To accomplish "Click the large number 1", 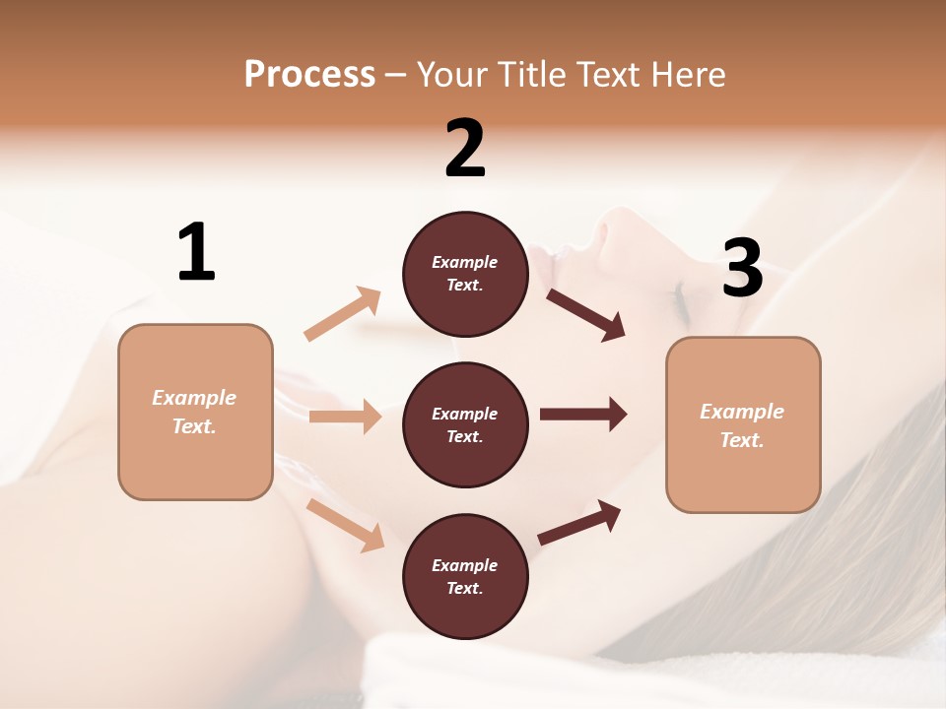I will point(196,253).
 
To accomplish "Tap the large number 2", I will point(465,149).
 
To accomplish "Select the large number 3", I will point(742,268).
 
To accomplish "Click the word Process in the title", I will point(309,74).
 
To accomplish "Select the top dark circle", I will point(465,274).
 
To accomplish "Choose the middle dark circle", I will point(465,424).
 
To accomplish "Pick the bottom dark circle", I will point(465,576).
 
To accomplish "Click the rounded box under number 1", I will point(195,412).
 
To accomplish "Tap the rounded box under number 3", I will point(743,425).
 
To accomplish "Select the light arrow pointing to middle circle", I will point(345,417).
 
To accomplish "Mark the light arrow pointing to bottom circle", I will point(345,525).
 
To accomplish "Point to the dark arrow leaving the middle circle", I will point(583,415).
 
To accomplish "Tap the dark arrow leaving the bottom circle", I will point(579,522).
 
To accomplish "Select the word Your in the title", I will point(451,74).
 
